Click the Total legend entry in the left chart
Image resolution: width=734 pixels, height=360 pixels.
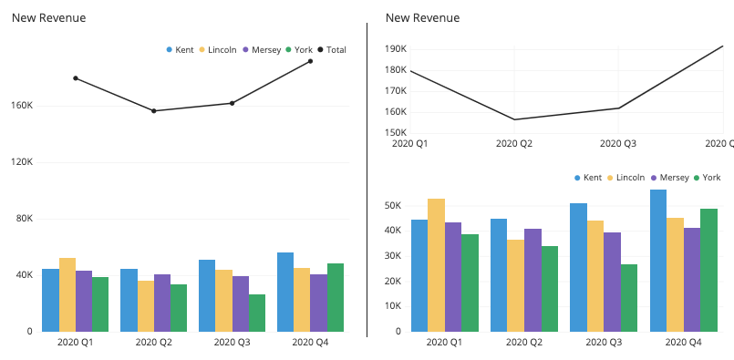[332, 49]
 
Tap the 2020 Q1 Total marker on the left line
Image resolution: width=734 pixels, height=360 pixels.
[76, 78]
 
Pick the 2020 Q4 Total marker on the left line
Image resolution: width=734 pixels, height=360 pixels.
[310, 61]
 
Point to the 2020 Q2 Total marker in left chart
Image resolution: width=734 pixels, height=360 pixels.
[154, 111]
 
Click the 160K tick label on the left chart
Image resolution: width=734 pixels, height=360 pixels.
[22, 106]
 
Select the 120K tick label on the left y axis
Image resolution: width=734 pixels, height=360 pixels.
[22, 162]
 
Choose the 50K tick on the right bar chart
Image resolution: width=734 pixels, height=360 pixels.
[393, 206]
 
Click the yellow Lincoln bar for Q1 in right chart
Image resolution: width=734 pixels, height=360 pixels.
[436, 264]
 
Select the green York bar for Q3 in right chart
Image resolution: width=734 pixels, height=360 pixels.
[628, 297]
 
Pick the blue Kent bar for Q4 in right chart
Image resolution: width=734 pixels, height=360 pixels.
[657, 260]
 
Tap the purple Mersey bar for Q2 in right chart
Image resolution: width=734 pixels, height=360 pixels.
[532, 279]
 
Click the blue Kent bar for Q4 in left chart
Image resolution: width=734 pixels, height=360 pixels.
[285, 292]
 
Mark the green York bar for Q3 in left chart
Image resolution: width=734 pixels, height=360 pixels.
[257, 313]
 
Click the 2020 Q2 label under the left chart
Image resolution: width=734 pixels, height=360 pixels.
[154, 342]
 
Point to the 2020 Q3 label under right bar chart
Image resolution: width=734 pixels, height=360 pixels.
[604, 342]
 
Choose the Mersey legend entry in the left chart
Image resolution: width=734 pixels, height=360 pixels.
[264, 49]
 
